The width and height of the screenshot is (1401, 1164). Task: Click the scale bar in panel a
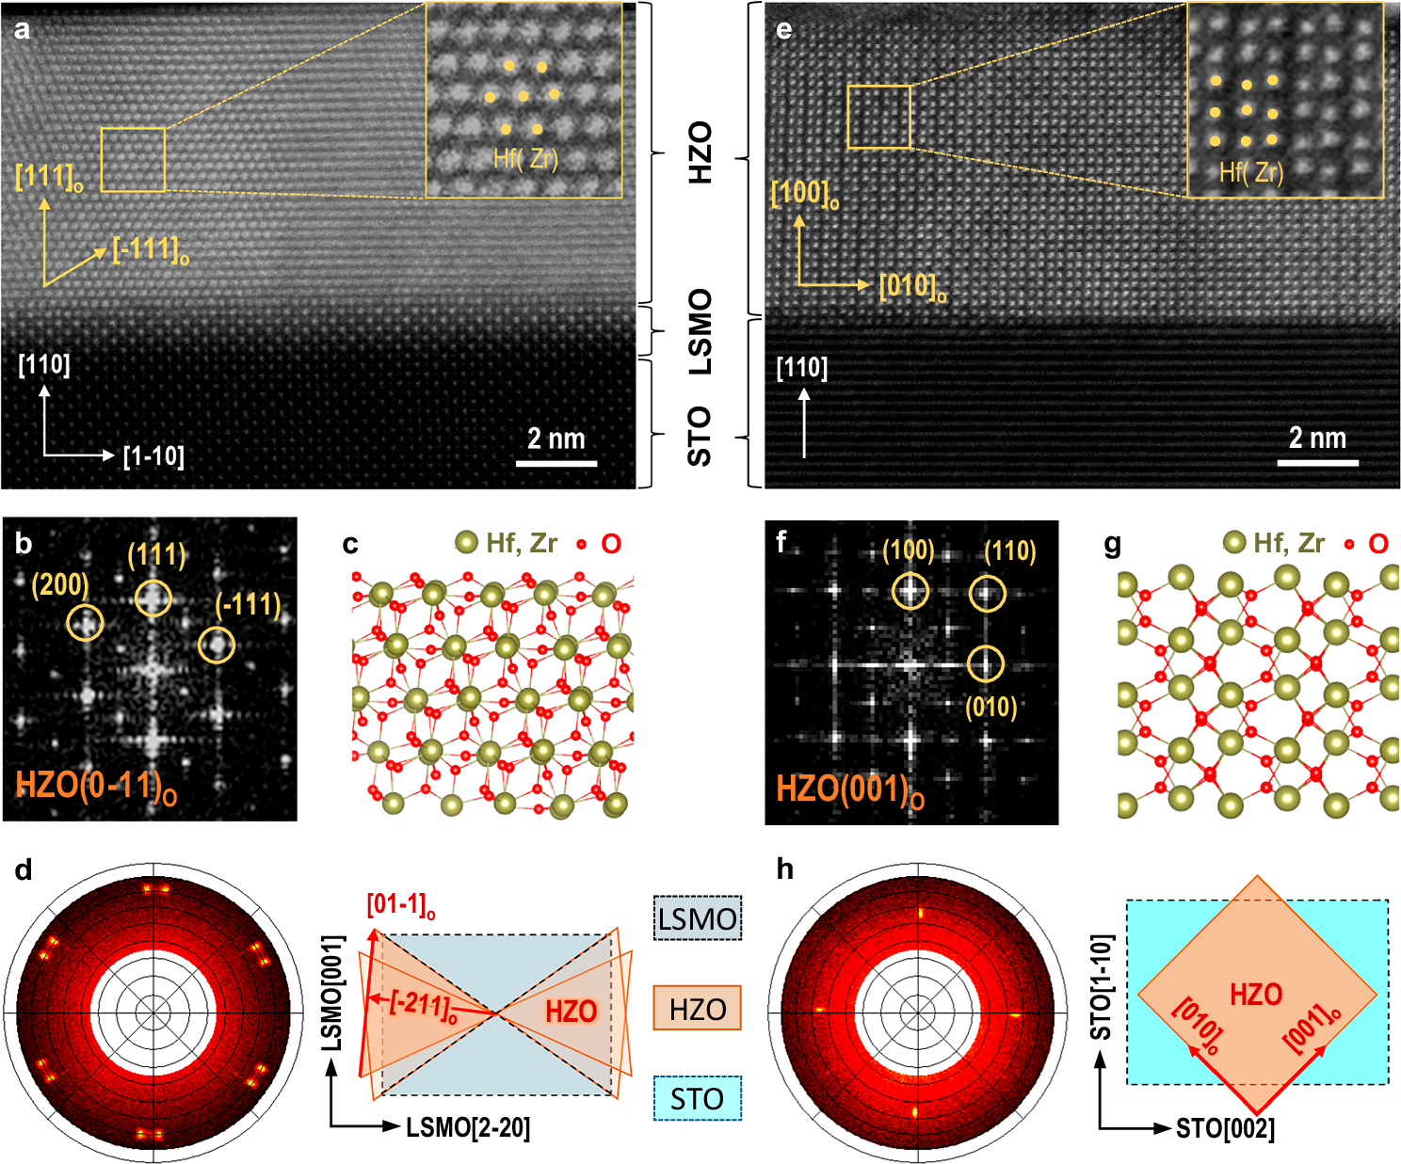(x=556, y=463)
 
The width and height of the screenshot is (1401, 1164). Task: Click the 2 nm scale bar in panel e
(x=1317, y=462)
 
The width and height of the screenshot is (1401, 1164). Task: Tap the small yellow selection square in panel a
(x=133, y=160)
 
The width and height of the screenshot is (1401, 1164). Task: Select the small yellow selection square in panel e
(x=878, y=117)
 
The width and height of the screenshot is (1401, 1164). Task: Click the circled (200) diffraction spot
(x=85, y=622)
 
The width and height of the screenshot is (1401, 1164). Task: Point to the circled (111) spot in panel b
(x=153, y=598)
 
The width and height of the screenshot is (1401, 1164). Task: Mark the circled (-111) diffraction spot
(x=217, y=645)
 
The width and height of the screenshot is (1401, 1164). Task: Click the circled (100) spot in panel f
(x=910, y=591)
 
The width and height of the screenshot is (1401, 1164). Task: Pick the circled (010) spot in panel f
(x=986, y=664)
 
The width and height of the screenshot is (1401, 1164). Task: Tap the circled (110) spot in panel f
(x=987, y=593)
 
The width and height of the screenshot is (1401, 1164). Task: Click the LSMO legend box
(x=697, y=918)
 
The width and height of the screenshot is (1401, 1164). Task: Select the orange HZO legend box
(x=697, y=1008)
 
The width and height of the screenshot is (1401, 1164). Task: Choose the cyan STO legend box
(x=697, y=1098)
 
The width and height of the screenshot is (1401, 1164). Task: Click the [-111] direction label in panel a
(x=151, y=250)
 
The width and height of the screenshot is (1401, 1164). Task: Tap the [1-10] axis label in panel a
(x=153, y=456)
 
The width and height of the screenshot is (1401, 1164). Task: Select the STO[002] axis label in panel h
(x=1225, y=1128)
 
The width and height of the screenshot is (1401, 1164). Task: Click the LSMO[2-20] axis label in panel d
(x=468, y=1127)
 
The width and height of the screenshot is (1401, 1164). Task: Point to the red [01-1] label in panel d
(x=400, y=905)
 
